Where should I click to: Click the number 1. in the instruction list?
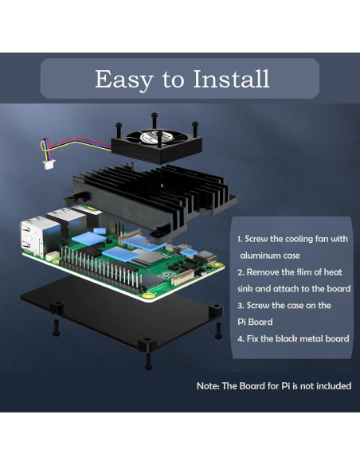coord(241,239)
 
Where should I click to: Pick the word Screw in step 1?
coord(260,239)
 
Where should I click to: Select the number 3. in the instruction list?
coord(241,305)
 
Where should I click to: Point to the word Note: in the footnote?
coord(210,386)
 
